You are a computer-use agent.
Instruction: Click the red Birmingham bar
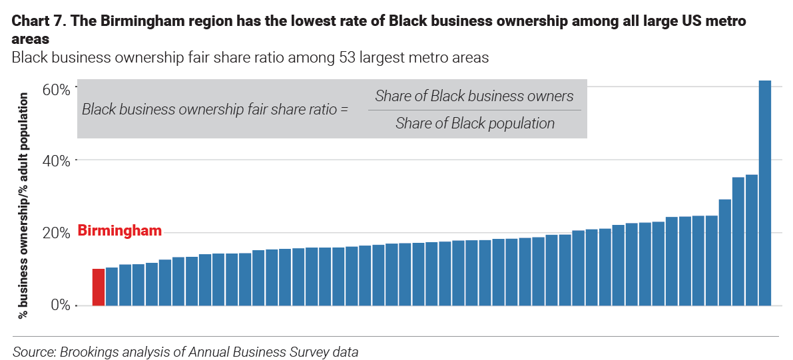(x=99, y=287)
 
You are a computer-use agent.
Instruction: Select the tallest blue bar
(x=765, y=193)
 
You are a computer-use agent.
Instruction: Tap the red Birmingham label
(x=120, y=231)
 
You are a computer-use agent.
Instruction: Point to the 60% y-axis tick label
(x=56, y=88)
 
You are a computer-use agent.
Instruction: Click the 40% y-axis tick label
(x=56, y=160)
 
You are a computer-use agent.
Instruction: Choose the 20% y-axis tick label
(x=56, y=233)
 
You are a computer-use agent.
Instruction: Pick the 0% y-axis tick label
(x=60, y=305)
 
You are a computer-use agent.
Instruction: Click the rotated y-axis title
(x=24, y=206)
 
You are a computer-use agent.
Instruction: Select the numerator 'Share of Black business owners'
(x=474, y=96)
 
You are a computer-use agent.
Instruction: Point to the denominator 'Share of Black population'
(x=475, y=123)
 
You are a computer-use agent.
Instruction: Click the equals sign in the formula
(x=344, y=109)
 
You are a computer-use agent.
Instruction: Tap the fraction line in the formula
(x=475, y=110)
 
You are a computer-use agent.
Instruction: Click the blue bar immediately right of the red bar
(x=112, y=286)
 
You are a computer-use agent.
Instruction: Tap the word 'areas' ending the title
(x=31, y=39)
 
